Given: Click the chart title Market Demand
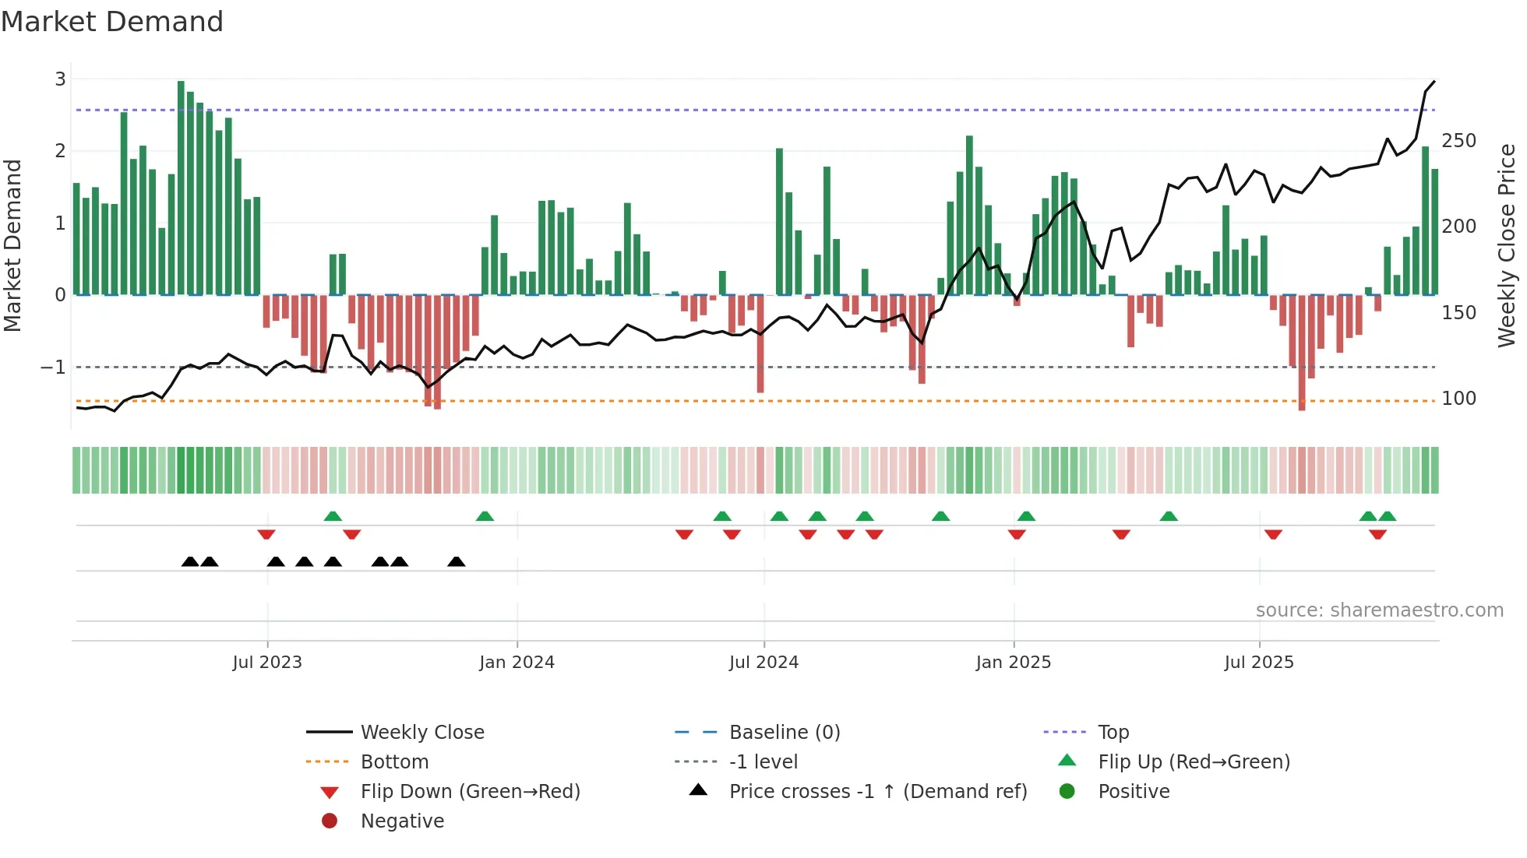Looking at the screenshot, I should (112, 22).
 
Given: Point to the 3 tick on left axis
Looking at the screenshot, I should (60, 79).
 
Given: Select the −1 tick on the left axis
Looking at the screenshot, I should (53, 367).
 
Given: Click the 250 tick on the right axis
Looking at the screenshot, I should (1458, 141).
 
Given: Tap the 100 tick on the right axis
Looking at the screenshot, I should (1458, 399).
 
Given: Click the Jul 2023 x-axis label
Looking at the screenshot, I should (267, 663).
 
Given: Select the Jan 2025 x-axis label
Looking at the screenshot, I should (1013, 663).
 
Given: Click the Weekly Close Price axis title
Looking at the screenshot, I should (1507, 245).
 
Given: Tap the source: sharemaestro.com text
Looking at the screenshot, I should (1379, 610).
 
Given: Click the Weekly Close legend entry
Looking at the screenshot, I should (421, 733).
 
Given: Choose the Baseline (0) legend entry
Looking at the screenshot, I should (784, 733).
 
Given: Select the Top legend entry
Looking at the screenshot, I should (1113, 733).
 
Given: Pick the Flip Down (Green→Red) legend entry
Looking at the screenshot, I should (470, 792).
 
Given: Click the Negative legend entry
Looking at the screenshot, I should (402, 821).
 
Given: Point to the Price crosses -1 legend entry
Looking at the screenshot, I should (877, 792).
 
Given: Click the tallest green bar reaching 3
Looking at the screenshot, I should (181, 187).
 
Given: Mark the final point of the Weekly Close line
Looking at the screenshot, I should (1434, 81).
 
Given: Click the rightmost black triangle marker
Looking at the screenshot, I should (457, 562).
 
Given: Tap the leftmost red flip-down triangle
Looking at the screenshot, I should (266, 534).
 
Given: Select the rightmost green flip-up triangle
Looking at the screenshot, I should (1387, 516).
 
